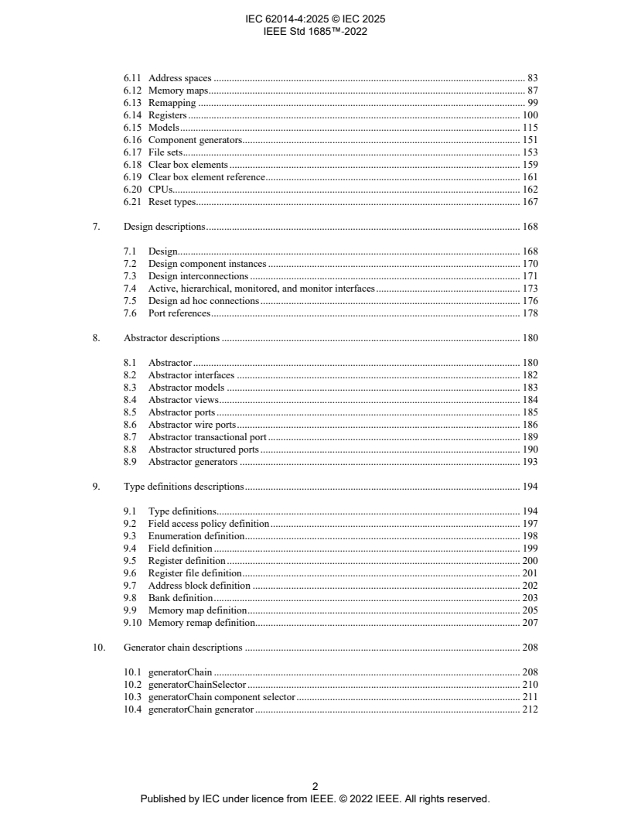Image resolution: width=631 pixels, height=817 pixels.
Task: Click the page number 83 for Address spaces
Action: (x=532, y=78)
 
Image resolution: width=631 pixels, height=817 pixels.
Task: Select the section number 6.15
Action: (x=132, y=128)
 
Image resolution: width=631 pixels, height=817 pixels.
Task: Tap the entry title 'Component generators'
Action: (x=195, y=140)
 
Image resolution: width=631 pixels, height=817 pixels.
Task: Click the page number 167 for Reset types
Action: (x=530, y=202)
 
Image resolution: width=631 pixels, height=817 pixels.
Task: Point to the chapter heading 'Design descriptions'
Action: (x=164, y=227)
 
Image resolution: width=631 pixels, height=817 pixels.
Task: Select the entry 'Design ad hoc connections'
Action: (x=203, y=301)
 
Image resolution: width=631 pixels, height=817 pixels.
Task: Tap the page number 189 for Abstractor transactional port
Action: (x=530, y=437)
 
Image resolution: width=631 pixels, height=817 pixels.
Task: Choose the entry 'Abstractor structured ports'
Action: (x=203, y=450)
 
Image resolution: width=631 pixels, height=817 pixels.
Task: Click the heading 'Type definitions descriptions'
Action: (x=183, y=487)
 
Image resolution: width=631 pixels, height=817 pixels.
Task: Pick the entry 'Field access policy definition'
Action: (x=208, y=524)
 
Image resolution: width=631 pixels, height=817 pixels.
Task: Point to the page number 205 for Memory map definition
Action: (x=530, y=610)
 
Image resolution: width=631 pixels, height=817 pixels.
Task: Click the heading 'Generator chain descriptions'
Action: (x=182, y=648)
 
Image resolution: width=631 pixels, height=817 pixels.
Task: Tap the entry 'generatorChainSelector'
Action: (x=196, y=685)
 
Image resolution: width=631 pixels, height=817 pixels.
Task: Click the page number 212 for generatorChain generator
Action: (x=530, y=709)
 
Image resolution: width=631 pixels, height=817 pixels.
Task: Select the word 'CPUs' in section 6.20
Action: (x=160, y=190)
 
